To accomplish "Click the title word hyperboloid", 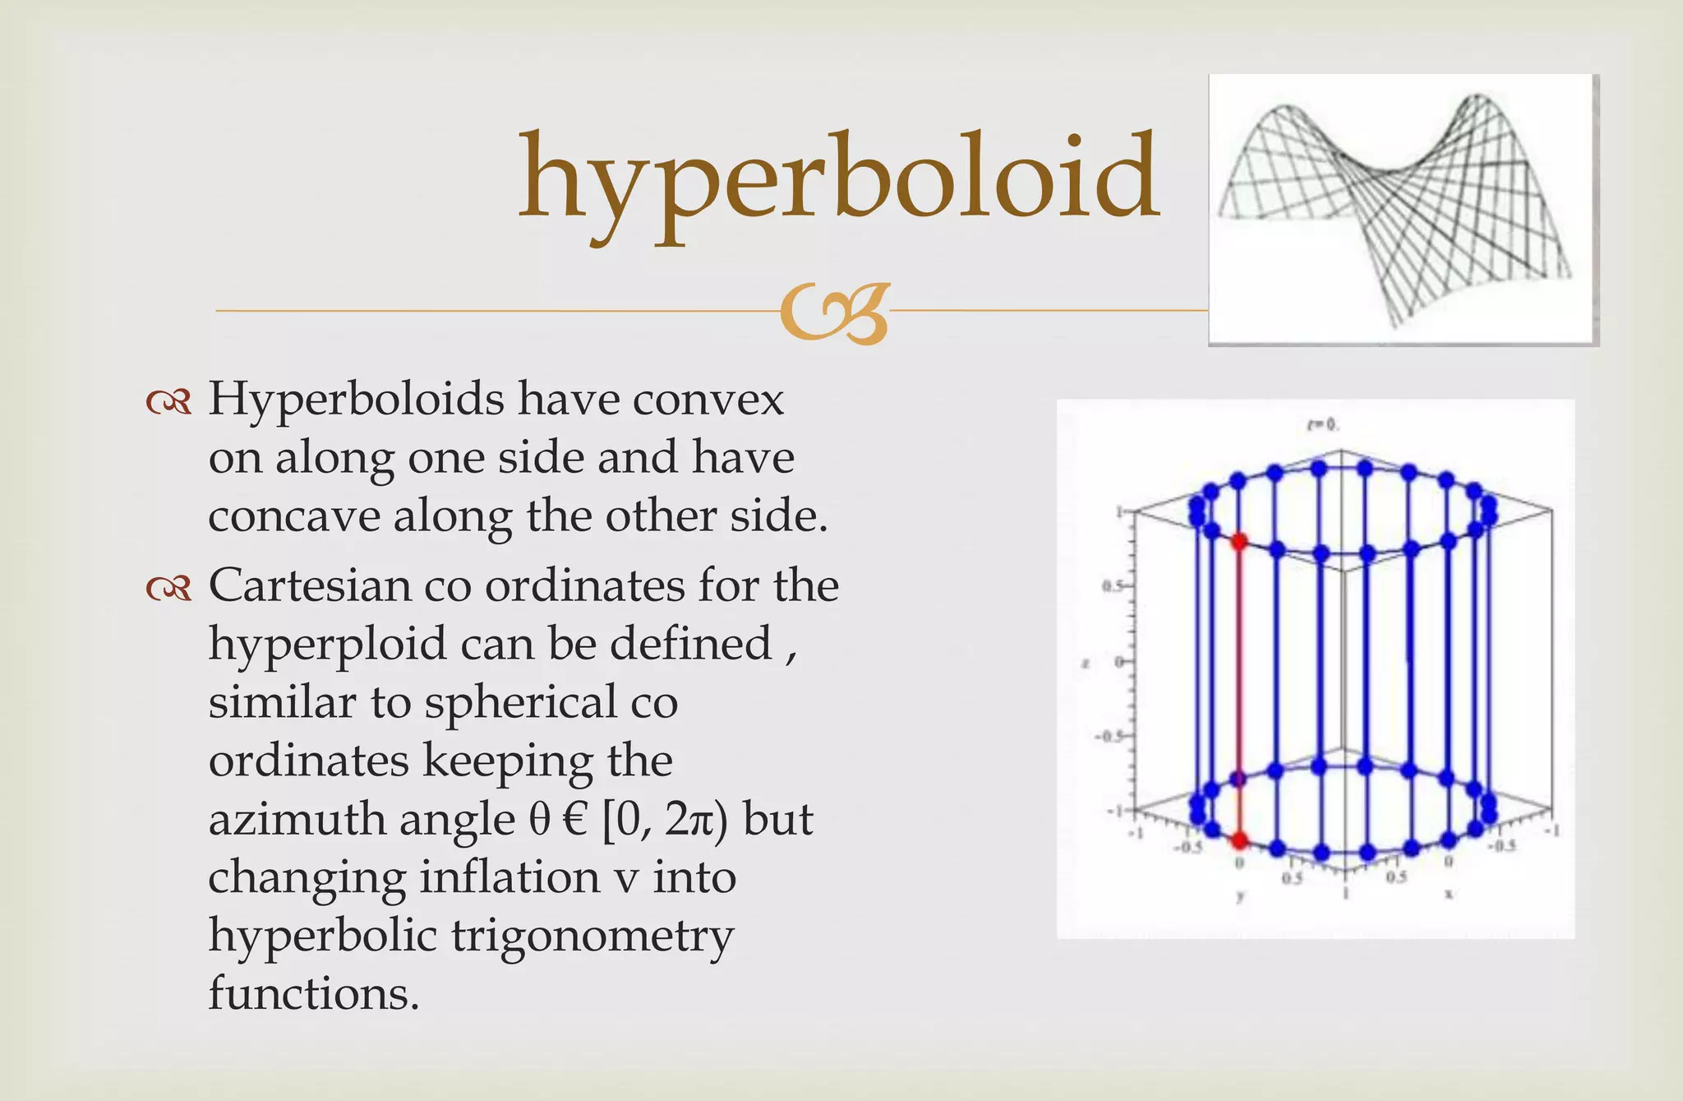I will pyautogui.click(x=838, y=181).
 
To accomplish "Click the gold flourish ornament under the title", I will pyautogui.click(x=835, y=312).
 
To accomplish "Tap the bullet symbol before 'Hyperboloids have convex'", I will pyautogui.click(x=168, y=402).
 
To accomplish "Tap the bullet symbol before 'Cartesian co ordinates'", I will pyautogui.click(x=168, y=588).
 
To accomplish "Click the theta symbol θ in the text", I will pyautogui.click(x=538, y=820).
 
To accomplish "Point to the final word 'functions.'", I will pyautogui.click(x=314, y=993).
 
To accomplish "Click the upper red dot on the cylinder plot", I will pyautogui.click(x=1238, y=541).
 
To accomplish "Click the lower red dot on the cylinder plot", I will pyautogui.click(x=1238, y=840).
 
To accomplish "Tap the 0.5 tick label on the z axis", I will pyautogui.click(x=1111, y=586).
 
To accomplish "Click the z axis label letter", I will pyautogui.click(x=1086, y=663).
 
